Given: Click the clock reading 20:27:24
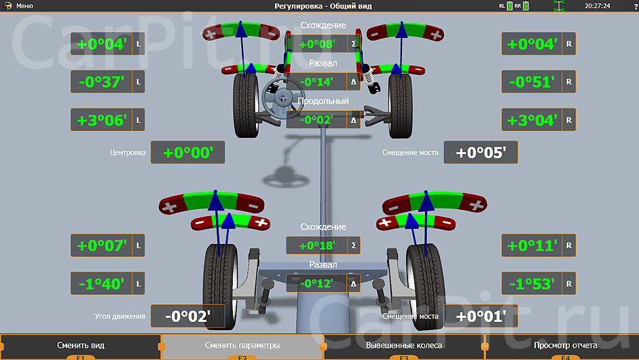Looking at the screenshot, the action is [x=597, y=5].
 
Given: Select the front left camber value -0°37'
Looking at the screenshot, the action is [x=101, y=82].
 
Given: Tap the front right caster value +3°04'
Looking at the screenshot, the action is [x=532, y=120].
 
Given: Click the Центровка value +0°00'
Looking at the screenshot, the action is [x=188, y=152].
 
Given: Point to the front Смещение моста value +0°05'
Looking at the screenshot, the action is [x=481, y=152].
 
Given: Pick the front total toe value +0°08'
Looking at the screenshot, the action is [x=317, y=44].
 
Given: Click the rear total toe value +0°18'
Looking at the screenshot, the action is [x=317, y=245].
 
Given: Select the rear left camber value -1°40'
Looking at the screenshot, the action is [x=101, y=283].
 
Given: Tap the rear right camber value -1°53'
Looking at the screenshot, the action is [x=532, y=283].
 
